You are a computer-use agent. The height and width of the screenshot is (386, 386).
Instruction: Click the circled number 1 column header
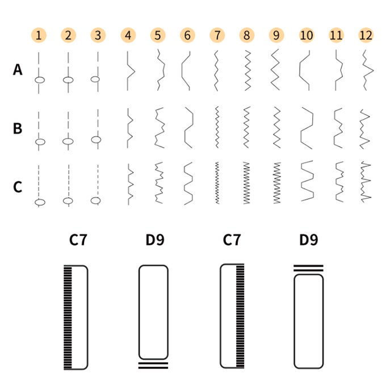38,35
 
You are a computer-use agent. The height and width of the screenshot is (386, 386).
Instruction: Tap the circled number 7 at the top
216,35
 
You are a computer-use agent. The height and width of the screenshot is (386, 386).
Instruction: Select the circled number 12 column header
366,35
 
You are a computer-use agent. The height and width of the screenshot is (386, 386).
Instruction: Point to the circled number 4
128,35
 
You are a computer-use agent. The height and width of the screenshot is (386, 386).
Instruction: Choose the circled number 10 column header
306,35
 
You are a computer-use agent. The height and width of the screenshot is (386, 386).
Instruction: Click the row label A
18,70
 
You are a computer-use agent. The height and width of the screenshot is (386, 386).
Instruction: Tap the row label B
18,128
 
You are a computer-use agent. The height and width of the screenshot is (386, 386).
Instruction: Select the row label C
18,186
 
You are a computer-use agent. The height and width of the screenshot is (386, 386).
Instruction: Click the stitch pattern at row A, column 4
130,71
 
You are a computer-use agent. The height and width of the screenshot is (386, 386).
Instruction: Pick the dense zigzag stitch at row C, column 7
216,183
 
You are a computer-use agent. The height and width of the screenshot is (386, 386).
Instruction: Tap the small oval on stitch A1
39,80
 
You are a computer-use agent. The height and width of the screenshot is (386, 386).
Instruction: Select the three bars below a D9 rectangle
153,364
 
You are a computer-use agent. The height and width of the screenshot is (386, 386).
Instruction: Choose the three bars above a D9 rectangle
308,268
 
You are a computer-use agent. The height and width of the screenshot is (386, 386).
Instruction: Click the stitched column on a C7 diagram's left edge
69,317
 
